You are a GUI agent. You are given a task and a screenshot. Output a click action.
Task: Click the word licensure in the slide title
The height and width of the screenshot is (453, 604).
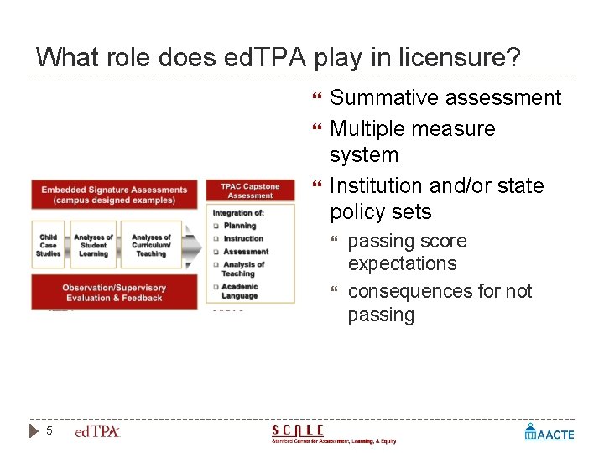coord(460,58)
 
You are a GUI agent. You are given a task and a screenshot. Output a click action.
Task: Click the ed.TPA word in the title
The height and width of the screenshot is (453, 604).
coord(257,58)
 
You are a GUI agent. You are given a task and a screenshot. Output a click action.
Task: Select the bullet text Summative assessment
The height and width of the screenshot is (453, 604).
coord(445,98)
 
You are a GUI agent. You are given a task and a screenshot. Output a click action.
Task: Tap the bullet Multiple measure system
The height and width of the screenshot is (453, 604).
coord(412,142)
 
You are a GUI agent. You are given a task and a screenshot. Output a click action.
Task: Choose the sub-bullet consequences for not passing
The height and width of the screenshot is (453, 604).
coord(440,303)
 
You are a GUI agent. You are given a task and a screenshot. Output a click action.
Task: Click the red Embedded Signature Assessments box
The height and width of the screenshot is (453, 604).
coord(114,195)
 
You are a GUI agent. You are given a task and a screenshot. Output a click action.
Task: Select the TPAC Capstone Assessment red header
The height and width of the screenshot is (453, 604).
coord(250,191)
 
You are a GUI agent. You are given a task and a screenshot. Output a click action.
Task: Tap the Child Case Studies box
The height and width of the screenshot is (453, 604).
coord(49,245)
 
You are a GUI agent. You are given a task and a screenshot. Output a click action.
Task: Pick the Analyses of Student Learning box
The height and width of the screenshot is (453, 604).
coord(93,245)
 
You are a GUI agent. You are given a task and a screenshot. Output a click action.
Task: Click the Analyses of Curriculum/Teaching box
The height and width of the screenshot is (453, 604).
coord(151,245)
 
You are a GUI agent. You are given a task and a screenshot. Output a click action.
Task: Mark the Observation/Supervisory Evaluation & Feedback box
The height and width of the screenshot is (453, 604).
coord(114,293)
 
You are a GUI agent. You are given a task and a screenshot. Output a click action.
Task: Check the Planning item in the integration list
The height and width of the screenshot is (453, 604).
coord(240,226)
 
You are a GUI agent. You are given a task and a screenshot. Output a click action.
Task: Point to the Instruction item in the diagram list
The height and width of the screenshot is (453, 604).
coord(243,238)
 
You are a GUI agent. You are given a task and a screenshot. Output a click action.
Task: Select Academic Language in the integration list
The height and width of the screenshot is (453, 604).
coord(240,291)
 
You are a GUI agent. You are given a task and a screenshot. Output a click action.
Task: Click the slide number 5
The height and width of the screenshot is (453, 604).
coord(49,431)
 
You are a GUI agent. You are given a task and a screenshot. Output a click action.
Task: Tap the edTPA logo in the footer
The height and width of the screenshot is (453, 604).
coord(98,432)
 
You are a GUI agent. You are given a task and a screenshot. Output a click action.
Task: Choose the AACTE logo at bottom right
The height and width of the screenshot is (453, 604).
coord(549,433)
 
